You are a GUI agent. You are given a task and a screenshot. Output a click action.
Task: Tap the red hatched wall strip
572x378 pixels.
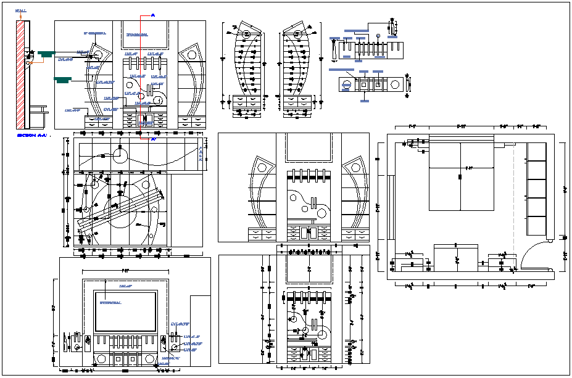click(x=20, y=74)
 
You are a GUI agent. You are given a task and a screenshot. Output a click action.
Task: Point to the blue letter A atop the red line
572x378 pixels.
click(x=152, y=13)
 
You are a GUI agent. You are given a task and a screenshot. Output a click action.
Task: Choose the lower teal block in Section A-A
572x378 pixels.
click(x=63, y=79)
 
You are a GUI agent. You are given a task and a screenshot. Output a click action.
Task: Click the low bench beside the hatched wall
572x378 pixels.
click(x=38, y=113)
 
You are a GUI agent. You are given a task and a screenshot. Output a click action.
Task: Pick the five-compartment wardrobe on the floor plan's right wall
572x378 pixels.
click(x=537, y=189)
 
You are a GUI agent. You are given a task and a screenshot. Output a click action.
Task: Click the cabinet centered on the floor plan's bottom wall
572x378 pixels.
click(x=456, y=257)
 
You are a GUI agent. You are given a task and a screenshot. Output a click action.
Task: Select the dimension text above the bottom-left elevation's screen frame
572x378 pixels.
click(x=125, y=270)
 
